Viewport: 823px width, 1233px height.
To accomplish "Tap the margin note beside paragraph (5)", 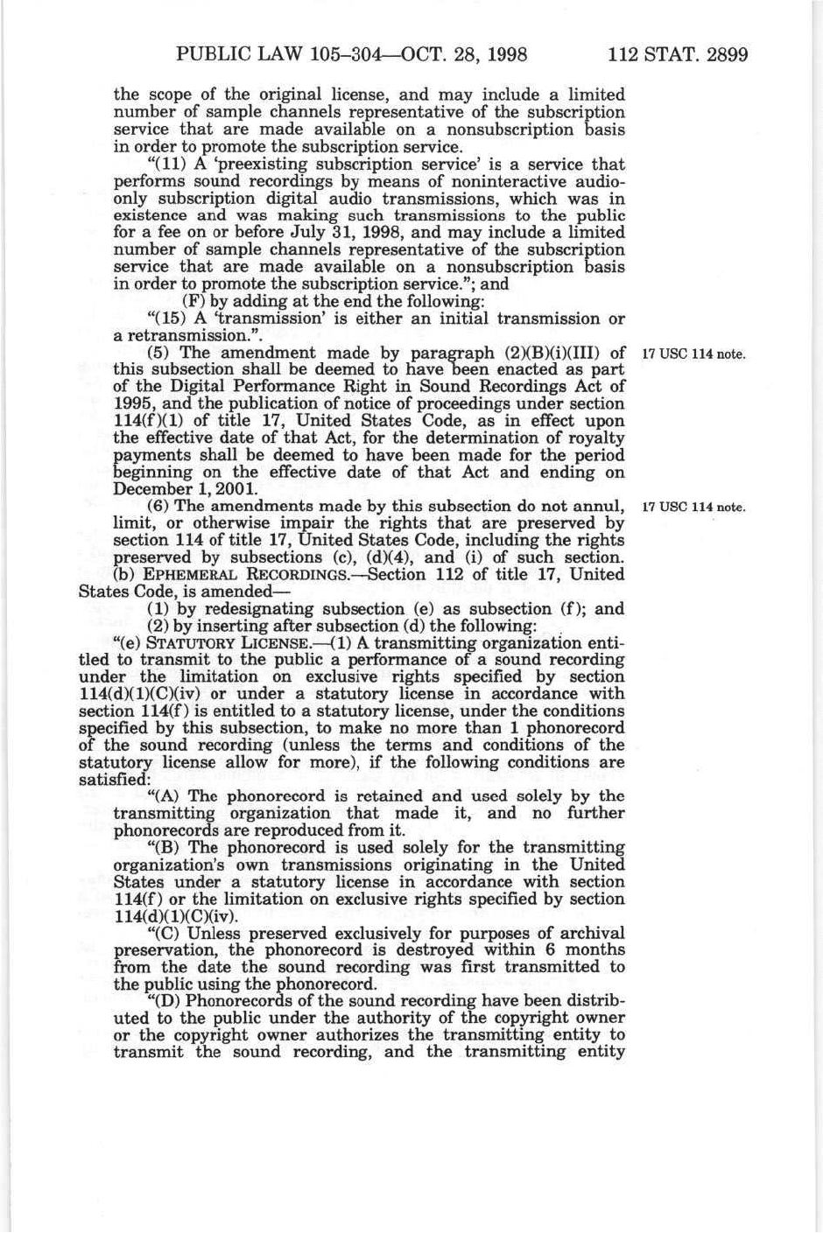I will [693, 354].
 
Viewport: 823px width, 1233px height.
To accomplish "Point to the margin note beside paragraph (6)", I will [693, 508].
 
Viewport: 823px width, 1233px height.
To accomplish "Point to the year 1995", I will [134, 404].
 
